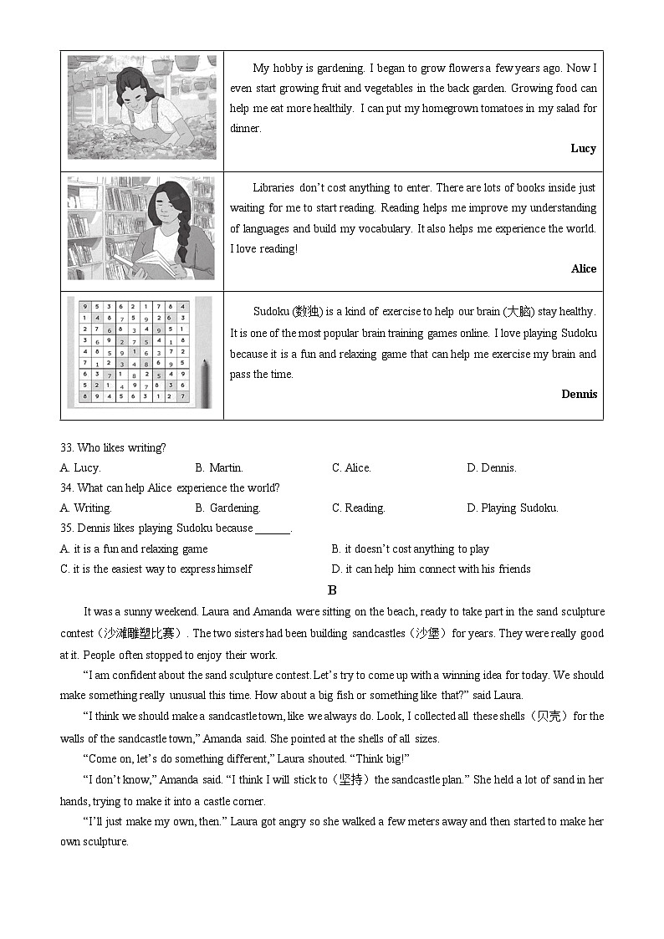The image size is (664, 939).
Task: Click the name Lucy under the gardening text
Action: tap(583, 148)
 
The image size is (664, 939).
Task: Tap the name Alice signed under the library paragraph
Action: tap(584, 268)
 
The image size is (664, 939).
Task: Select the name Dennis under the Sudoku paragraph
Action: tap(580, 394)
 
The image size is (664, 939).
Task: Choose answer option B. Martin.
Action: tap(219, 467)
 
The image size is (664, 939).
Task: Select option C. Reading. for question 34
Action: tap(358, 508)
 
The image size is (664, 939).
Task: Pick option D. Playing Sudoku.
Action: tap(512, 508)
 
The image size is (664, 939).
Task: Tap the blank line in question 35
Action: tap(273, 528)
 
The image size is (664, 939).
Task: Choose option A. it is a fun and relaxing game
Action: tap(134, 549)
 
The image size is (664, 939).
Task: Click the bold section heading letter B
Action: tap(332, 589)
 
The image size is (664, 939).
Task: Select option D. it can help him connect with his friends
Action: tap(431, 569)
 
